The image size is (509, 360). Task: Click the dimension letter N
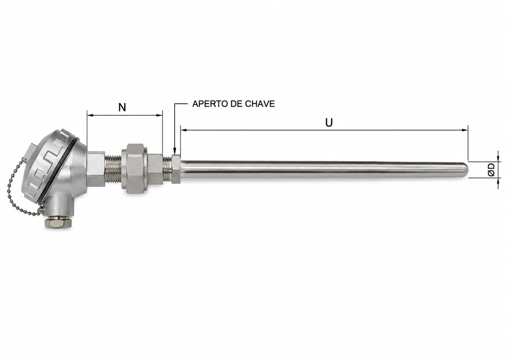pos(122,107)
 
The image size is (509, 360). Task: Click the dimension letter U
pos(329,123)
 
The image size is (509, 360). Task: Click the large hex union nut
pos(135,169)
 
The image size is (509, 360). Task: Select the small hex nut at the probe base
pos(176,169)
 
